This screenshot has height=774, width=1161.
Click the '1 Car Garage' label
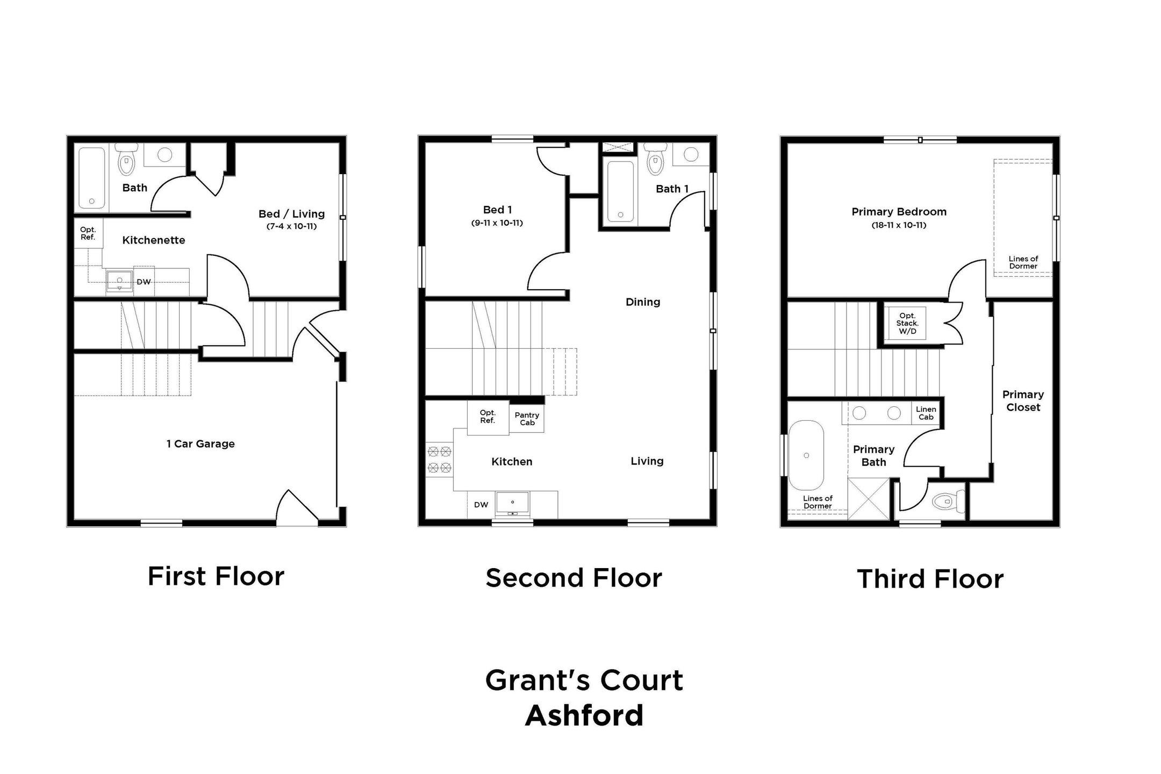pyautogui.click(x=200, y=444)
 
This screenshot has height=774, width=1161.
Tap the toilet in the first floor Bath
pyautogui.click(x=126, y=160)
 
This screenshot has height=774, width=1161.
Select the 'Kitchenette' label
pyautogui.click(x=154, y=240)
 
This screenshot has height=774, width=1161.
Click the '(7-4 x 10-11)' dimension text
pyautogui.click(x=291, y=226)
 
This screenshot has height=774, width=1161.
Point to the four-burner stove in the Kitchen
pyautogui.click(x=439, y=460)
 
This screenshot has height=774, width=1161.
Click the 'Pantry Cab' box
pyautogui.click(x=527, y=419)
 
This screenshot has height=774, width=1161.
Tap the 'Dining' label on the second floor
pyautogui.click(x=643, y=302)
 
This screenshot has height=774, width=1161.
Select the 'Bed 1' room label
pyautogui.click(x=497, y=210)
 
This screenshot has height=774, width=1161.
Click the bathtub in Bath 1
pyautogui.click(x=620, y=191)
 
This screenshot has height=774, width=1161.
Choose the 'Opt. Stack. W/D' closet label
pyautogui.click(x=907, y=323)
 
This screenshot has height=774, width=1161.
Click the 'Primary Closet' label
pyautogui.click(x=1023, y=401)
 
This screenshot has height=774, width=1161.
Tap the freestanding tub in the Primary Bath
pyautogui.click(x=806, y=455)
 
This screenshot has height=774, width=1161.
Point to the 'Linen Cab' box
pyautogui.click(x=926, y=413)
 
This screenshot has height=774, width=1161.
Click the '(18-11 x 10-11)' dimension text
pyautogui.click(x=899, y=225)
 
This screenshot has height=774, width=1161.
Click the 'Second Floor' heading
pyautogui.click(x=574, y=578)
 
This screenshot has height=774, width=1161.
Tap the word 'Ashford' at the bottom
pyautogui.click(x=584, y=715)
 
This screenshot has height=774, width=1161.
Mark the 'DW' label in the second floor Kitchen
pyautogui.click(x=481, y=505)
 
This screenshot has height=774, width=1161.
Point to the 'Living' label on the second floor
pyautogui.click(x=647, y=461)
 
